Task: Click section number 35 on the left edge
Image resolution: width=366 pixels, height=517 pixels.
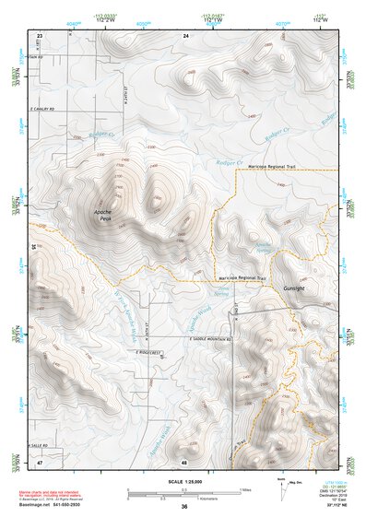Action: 34,247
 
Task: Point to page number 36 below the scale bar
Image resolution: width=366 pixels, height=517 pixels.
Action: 184,507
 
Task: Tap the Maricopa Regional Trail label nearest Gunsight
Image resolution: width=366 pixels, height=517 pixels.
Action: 242,277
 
